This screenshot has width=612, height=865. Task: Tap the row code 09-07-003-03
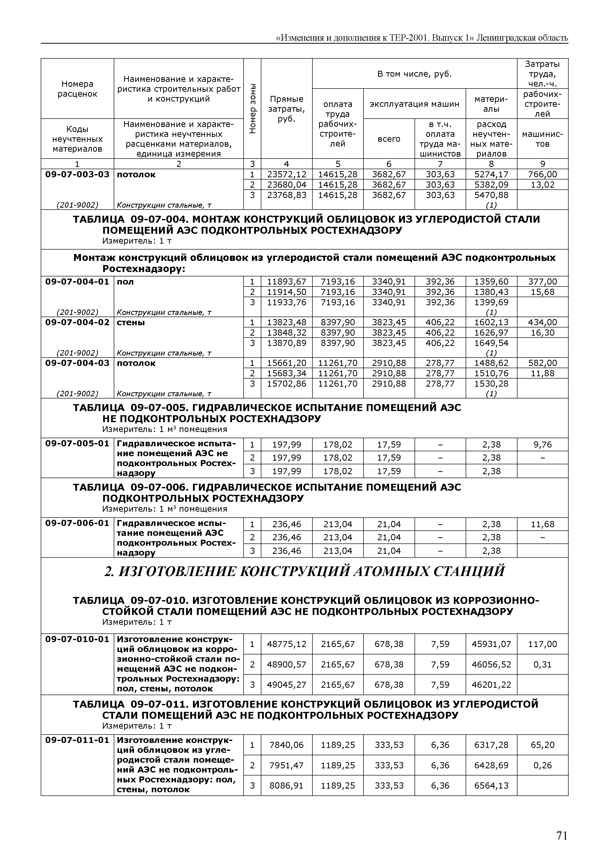point(77,174)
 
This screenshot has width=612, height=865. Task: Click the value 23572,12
point(287,174)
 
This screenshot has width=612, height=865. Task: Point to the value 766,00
point(542,174)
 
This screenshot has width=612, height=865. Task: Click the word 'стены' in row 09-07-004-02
point(131,323)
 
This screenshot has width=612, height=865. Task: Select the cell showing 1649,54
point(491,343)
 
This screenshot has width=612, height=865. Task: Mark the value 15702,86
point(287,384)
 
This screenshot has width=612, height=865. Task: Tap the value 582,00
point(542,363)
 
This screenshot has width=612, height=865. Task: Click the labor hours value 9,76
point(542,445)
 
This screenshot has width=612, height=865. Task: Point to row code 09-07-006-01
point(77,523)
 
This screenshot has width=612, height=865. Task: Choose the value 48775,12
point(287,644)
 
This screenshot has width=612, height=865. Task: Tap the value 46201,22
point(491,685)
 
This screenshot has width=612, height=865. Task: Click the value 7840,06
point(287,745)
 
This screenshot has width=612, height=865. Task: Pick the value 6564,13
point(491,786)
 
